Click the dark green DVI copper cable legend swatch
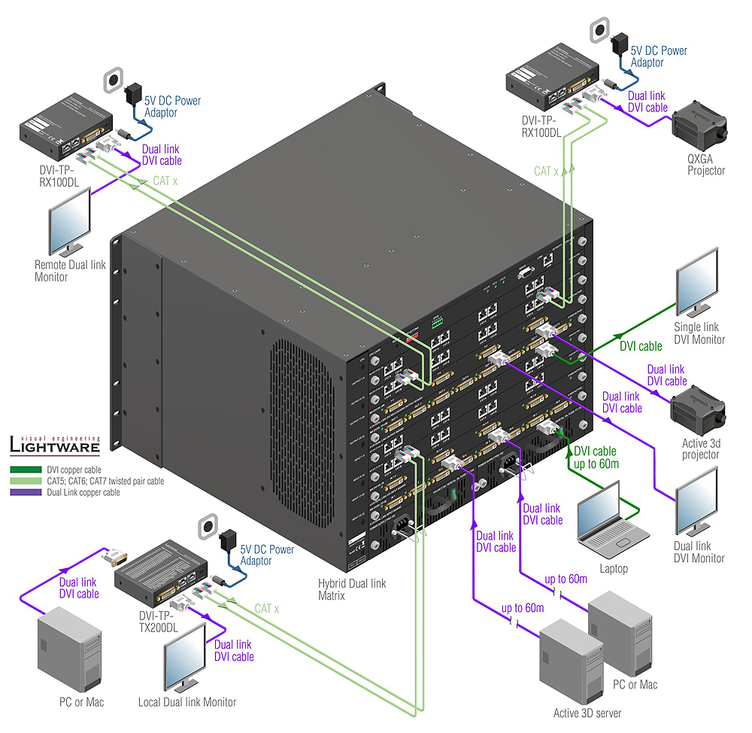(x=26, y=468)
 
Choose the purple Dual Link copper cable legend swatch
(x=26, y=492)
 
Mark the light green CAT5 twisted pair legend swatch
(x=26, y=480)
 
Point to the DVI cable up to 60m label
(x=596, y=458)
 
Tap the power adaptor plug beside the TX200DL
(x=226, y=543)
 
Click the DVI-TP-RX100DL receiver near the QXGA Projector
(x=553, y=81)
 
